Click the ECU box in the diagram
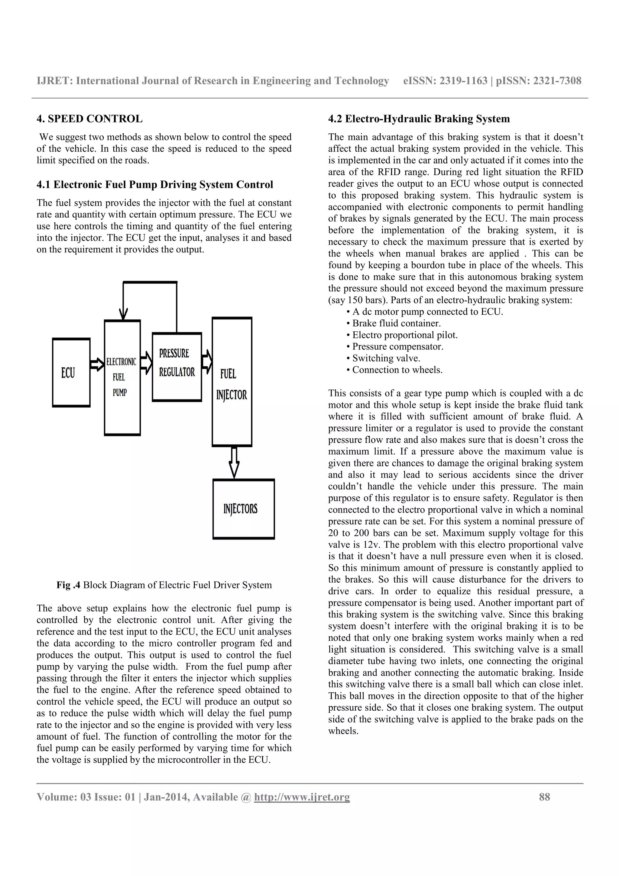click(71, 372)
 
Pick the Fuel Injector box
click(232, 382)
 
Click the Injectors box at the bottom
click(243, 509)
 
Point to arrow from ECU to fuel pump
click(97, 364)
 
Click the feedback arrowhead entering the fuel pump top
click(123, 314)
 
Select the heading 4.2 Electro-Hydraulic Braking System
click(419, 119)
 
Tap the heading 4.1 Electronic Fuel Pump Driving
click(154, 185)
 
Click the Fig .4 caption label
click(68, 585)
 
